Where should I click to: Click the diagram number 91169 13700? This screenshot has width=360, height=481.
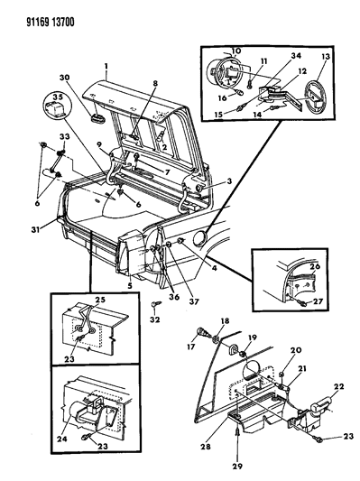(x=51, y=23)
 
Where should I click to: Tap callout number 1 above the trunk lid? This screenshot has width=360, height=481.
(x=106, y=66)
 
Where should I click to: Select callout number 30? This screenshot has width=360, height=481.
(x=64, y=78)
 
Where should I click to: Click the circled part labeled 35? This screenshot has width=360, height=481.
(x=58, y=105)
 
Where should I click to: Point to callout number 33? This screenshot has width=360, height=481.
(x=64, y=137)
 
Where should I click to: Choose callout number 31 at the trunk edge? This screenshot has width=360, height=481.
(x=35, y=229)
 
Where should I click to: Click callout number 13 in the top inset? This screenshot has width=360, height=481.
(x=325, y=57)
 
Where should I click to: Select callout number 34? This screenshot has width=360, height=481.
(x=296, y=56)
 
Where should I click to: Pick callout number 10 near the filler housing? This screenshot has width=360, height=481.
(x=236, y=51)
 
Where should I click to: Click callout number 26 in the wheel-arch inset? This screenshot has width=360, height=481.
(x=315, y=266)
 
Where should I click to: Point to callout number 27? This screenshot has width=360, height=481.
(x=318, y=301)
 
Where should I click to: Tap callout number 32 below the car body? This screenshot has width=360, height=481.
(x=155, y=319)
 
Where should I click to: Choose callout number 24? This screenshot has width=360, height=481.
(x=62, y=439)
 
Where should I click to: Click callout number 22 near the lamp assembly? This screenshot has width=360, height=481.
(x=338, y=387)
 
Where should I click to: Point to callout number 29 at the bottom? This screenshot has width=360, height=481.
(x=237, y=467)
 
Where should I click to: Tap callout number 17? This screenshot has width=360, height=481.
(x=191, y=347)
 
